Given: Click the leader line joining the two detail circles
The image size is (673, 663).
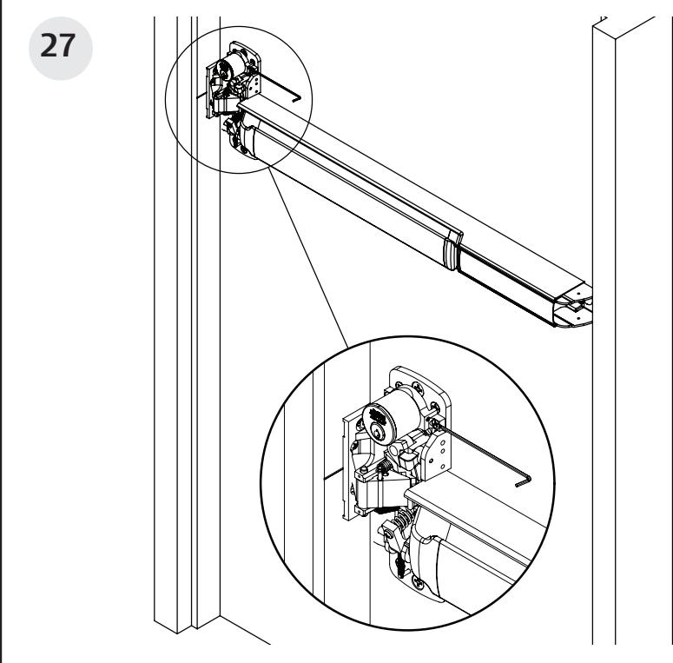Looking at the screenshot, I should point(308,261).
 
